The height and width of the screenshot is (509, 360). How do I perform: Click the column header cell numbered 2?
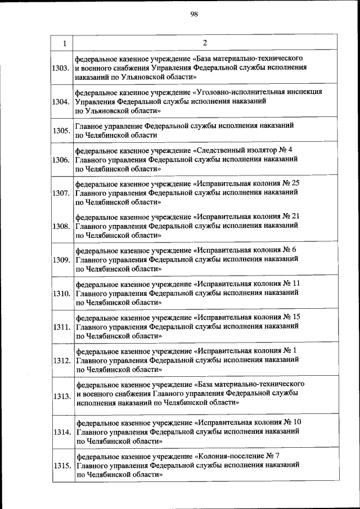[x=205, y=43]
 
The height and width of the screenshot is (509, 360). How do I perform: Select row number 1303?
[x=61, y=68]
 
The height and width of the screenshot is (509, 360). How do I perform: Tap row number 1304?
[x=61, y=102]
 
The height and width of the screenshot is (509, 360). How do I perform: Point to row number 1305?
[x=61, y=130]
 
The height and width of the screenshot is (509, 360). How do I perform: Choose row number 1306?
[x=61, y=160]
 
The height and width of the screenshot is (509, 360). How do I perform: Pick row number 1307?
[x=61, y=193]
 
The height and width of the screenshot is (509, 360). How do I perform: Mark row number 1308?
[x=61, y=227]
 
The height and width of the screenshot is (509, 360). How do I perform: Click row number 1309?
[x=61, y=260]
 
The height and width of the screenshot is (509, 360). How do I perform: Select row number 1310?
[x=61, y=294]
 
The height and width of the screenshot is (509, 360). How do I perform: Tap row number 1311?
[x=61, y=327]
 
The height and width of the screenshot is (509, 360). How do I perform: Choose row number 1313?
[x=61, y=397]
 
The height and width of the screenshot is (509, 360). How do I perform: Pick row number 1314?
[x=61, y=432]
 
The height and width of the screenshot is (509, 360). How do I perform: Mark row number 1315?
[x=61, y=466]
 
